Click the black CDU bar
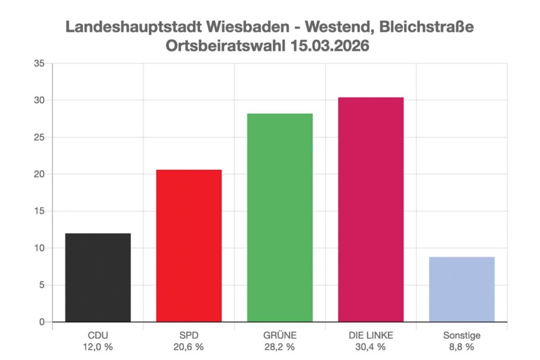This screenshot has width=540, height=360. [98, 277]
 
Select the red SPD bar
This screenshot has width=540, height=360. [189, 246]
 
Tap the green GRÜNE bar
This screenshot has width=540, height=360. [280, 217]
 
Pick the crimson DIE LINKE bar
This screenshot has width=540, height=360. [371, 209]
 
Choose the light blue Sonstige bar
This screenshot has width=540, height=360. [462, 289]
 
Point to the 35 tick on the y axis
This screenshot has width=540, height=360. [41, 64]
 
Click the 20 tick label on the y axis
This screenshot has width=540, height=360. [41, 174]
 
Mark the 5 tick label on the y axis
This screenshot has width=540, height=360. [43, 285]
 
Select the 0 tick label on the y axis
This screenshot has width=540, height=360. [43, 322]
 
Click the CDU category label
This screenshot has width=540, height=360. [98, 335]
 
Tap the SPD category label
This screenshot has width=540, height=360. [189, 335]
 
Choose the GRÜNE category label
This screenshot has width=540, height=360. [280, 335]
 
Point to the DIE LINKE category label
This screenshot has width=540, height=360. [371, 335]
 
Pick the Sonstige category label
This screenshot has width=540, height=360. [462, 335]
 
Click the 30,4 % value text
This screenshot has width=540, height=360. [371, 347]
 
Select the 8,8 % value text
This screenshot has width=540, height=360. [462, 347]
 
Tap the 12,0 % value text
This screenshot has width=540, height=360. [98, 347]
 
